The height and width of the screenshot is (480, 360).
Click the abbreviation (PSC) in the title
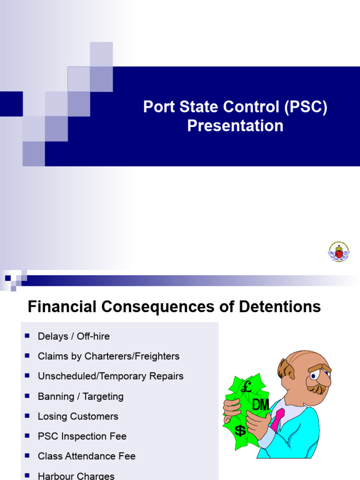tap(305, 107)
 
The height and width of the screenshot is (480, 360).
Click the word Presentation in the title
tap(235, 126)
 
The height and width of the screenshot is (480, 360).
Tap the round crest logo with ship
tap(338, 252)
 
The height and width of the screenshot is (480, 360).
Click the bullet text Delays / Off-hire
tap(74, 336)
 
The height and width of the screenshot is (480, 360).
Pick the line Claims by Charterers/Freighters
tap(108, 356)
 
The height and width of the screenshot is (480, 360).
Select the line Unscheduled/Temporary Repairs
tap(111, 376)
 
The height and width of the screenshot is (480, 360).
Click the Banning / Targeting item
tap(81, 397)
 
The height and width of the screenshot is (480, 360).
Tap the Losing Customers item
tap(78, 416)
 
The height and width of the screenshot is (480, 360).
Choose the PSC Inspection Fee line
tap(82, 436)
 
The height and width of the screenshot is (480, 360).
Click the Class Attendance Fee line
tap(87, 456)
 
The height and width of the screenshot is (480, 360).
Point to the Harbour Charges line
tap(76, 476)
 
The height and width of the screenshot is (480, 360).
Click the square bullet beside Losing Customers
tap(27, 415)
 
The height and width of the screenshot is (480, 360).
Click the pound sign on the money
tap(246, 388)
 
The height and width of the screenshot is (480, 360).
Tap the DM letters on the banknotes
tap(261, 405)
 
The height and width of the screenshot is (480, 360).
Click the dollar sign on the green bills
tap(240, 430)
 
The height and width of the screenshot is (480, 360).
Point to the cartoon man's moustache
tap(317, 389)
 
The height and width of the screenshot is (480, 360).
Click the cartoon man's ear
tap(285, 370)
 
